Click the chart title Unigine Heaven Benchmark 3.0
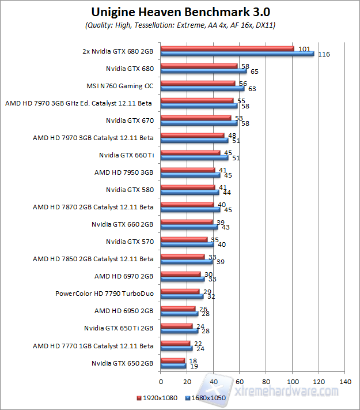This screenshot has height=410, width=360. point(180,12)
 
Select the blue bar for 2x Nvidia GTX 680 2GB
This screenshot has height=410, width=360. point(237,54)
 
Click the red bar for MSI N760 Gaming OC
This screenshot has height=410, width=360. point(198,83)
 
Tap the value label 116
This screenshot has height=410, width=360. point(324,54)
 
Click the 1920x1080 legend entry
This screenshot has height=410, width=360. point(160,398)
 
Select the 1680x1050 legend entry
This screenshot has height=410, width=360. point(207,398)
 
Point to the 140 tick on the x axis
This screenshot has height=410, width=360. point(345,382)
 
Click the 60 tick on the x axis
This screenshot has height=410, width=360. point(240,382)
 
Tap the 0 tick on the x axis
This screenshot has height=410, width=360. point(161,382)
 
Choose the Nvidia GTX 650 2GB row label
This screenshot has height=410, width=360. point(122,363)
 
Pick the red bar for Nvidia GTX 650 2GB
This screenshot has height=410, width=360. point(172,360)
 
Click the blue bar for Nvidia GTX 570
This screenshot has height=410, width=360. point(187,245)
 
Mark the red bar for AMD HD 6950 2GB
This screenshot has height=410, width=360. point(178,309)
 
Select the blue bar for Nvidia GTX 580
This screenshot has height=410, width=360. point(190,193)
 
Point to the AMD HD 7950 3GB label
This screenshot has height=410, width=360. point(124,172)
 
